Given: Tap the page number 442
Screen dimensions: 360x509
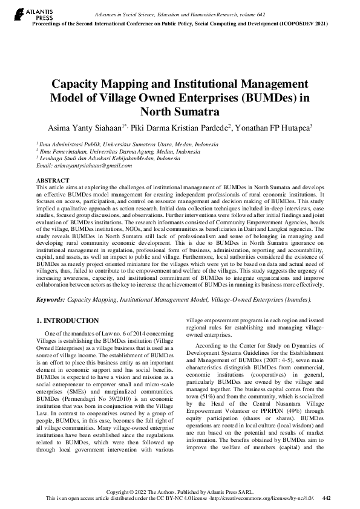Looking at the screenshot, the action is click(327, 498).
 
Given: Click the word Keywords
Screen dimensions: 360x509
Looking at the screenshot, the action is click(50, 299).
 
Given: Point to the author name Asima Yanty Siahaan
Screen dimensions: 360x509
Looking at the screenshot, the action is click(88, 128).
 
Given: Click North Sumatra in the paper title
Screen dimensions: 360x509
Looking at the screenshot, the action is click(180, 111).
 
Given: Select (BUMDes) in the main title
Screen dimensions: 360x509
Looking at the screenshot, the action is click(255, 98).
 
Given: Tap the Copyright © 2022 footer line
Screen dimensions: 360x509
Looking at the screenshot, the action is click(179, 491).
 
